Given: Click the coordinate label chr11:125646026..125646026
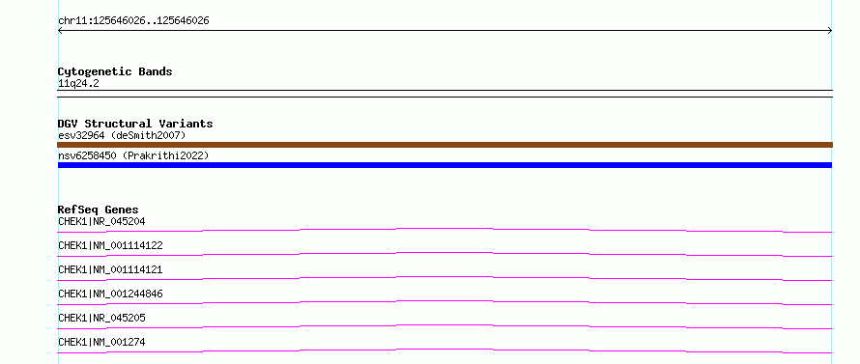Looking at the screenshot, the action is coord(133,21).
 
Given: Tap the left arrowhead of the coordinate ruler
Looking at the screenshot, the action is coord(59,31).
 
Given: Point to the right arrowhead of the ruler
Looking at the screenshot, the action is coord(830,31).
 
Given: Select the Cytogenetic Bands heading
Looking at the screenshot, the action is coord(115,71).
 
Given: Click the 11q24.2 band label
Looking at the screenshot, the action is coord(78,84).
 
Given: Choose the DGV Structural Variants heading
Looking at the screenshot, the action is coord(135,124).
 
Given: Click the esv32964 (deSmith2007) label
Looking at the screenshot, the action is coord(122,135).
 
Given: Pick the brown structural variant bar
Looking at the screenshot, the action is coord(444,145).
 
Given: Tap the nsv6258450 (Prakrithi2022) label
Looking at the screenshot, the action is coord(133,156).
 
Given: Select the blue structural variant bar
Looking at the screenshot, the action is coord(444,165).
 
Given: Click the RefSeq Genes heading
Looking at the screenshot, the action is coord(99,210).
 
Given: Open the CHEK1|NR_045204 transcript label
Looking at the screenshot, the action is coord(101,221).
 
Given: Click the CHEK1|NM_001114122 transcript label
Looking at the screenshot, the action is coord(110,245).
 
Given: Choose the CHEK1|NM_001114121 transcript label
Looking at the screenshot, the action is coord(110,269).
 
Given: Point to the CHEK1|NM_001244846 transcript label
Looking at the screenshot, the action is coord(110,294).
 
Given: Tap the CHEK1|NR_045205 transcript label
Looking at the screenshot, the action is coord(101,318).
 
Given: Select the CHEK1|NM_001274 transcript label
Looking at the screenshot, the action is coord(101,342).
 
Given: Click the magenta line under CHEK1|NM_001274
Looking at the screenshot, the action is coord(444,350).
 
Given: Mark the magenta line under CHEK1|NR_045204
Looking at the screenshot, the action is coord(444,229).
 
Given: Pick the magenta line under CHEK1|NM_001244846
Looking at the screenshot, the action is coord(444,301).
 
